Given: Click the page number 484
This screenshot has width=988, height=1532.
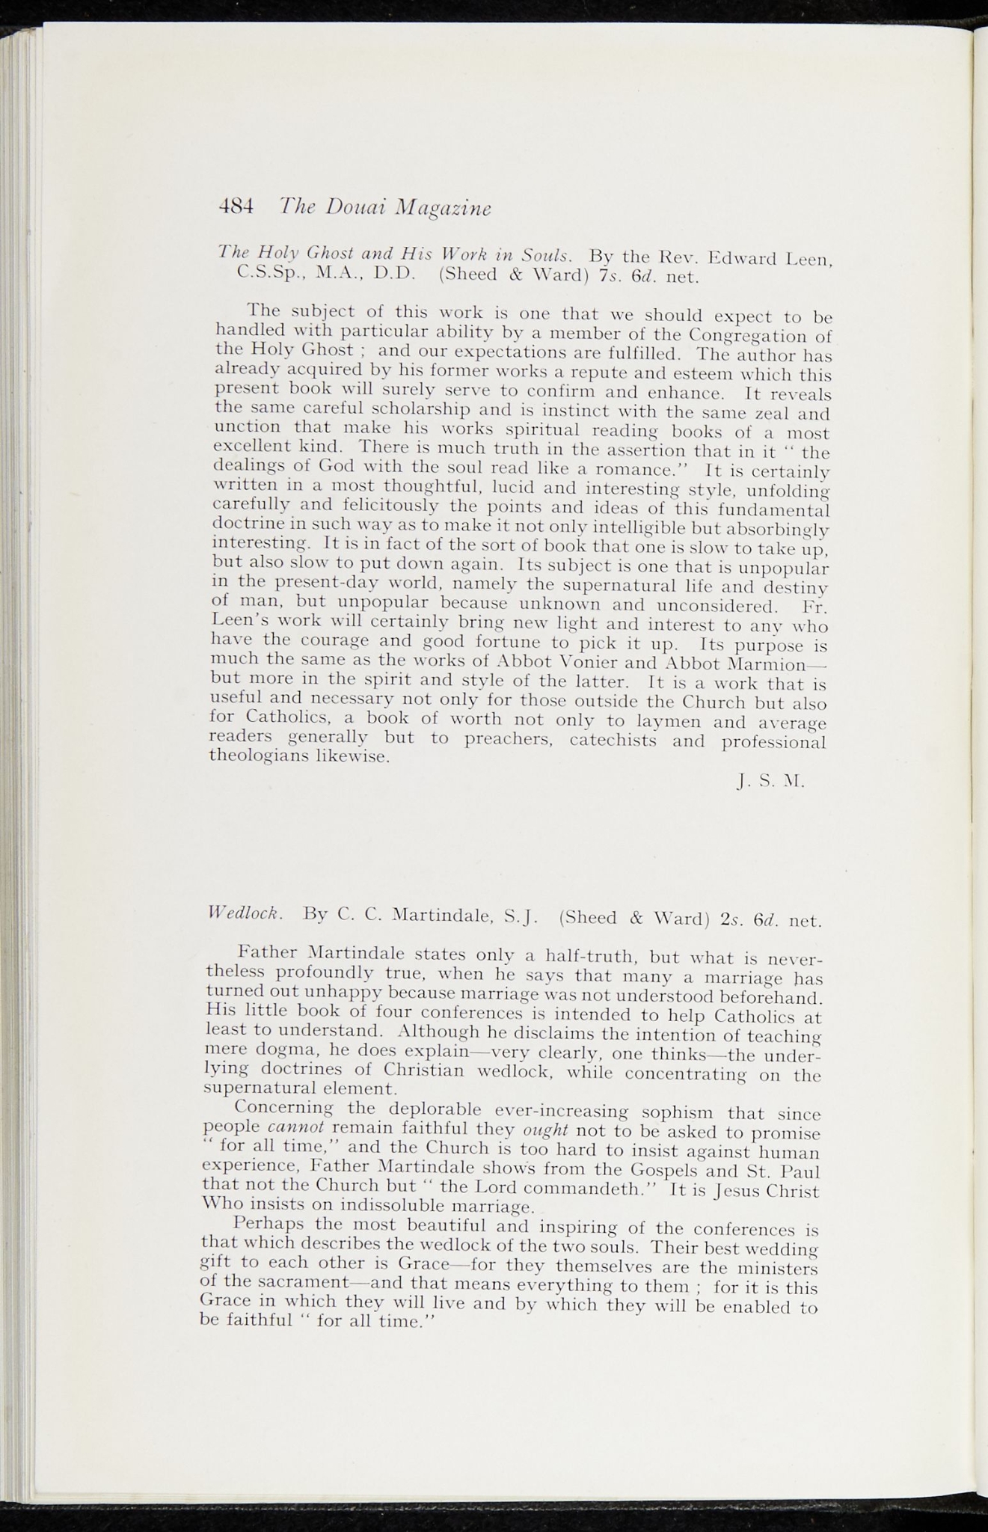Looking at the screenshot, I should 236,205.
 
